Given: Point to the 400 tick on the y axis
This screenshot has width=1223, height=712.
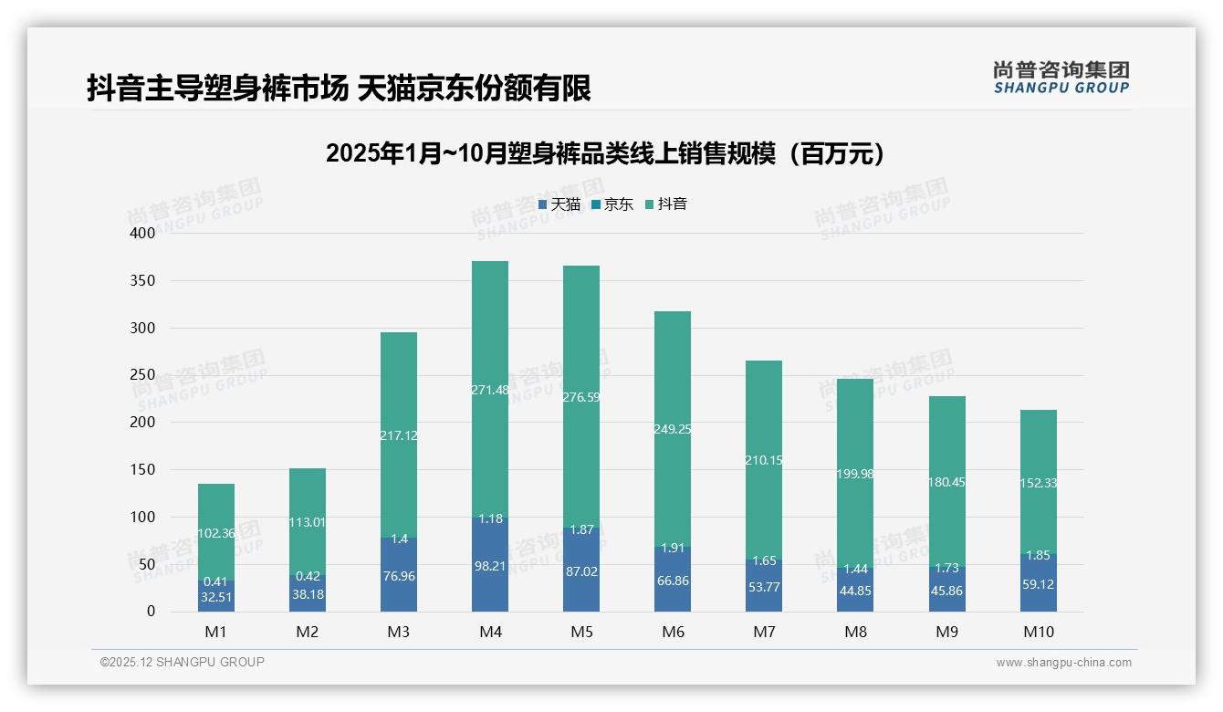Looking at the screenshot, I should [143, 233].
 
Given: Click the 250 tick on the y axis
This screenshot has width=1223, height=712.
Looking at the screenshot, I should [143, 375].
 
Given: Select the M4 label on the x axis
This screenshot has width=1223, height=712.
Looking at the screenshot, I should [490, 632].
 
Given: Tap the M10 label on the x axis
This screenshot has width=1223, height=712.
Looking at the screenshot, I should [1038, 632].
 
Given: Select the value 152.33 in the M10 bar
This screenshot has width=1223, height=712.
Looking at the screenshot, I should [1038, 483].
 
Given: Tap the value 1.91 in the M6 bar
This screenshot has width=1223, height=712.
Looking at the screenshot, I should [673, 549].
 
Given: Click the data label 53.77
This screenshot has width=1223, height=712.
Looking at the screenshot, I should [764, 587].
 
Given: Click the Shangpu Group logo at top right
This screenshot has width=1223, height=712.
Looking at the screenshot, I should [1061, 78].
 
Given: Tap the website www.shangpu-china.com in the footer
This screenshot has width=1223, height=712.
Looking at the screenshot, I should [1063, 663].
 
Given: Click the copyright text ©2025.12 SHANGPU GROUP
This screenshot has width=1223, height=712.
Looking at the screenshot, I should [183, 662].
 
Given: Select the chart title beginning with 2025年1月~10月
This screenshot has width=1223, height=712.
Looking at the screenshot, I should [606, 153].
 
